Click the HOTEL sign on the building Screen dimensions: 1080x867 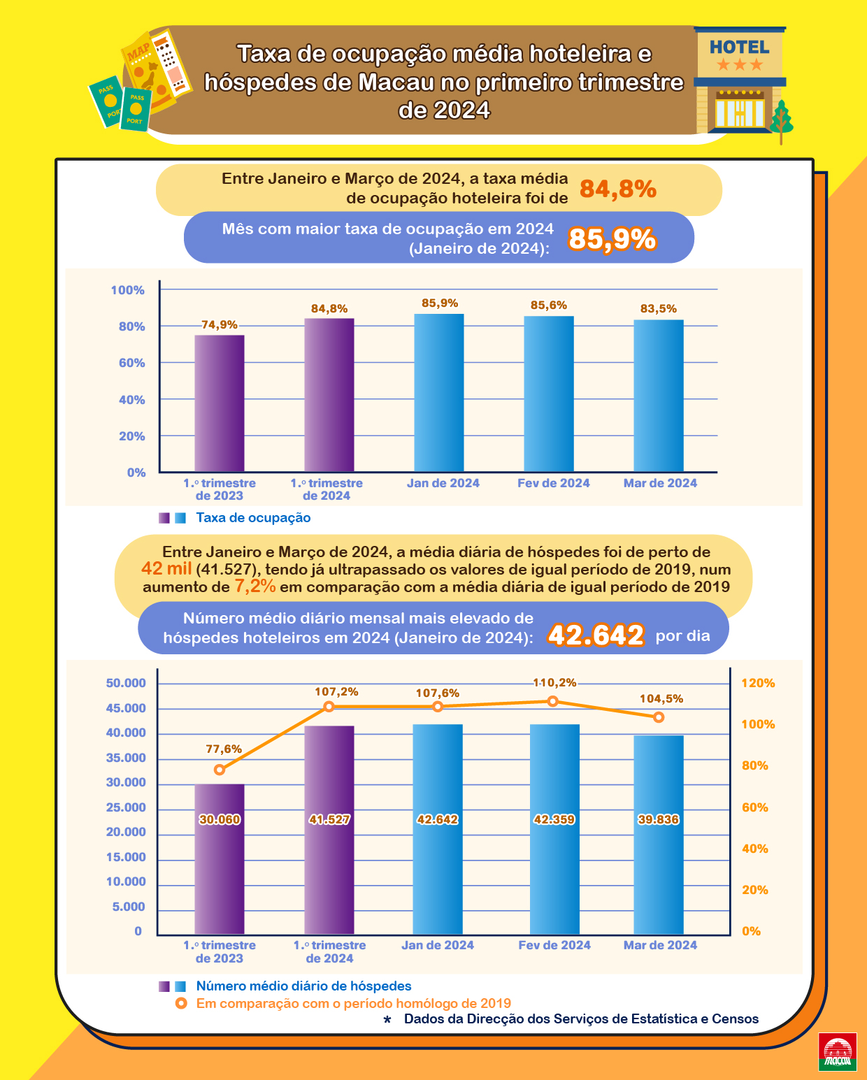[x=739, y=48]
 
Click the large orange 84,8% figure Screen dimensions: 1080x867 [x=618, y=189]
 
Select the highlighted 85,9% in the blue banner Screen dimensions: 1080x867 [x=612, y=239]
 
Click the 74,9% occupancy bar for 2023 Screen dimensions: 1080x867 [x=220, y=403]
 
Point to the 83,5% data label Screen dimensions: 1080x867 [x=659, y=309]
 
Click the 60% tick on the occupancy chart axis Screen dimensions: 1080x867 [x=131, y=363]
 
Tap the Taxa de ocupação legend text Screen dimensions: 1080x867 [x=253, y=518]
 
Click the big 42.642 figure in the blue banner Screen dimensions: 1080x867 [x=596, y=635]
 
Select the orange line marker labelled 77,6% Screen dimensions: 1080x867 [x=220, y=770]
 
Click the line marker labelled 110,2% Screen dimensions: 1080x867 [x=553, y=701]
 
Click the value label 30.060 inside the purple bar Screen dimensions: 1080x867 [x=220, y=819]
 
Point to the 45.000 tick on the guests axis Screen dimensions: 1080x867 [x=126, y=708]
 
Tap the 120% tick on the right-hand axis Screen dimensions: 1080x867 [x=758, y=683]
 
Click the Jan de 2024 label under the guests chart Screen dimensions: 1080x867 [x=438, y=945]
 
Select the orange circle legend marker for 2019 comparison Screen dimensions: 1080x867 [x=181, y=1004]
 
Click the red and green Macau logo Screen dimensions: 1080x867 [x=838, y=1053]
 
